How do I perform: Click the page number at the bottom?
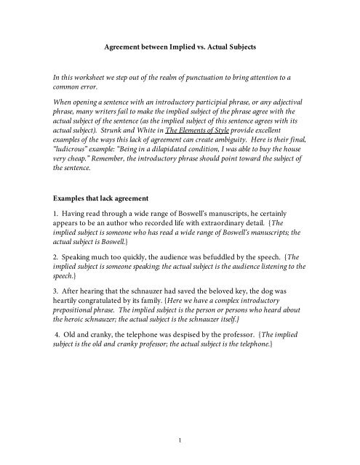pos(180,438)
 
